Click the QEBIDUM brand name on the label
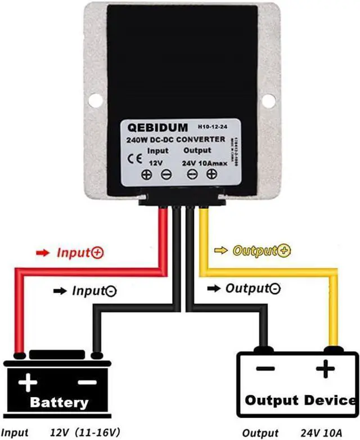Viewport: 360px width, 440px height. pos(155,127)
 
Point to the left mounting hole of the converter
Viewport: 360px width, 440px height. pos(96,100)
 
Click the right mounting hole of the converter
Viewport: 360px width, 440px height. pos(268,100)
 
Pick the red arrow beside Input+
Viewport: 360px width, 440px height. pos(43,253)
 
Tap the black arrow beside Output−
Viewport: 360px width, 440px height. pos(214,289)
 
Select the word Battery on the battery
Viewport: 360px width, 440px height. pos(59,402)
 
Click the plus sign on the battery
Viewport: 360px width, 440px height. pos(28,384)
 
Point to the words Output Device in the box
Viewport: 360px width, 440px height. pos(300,401)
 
